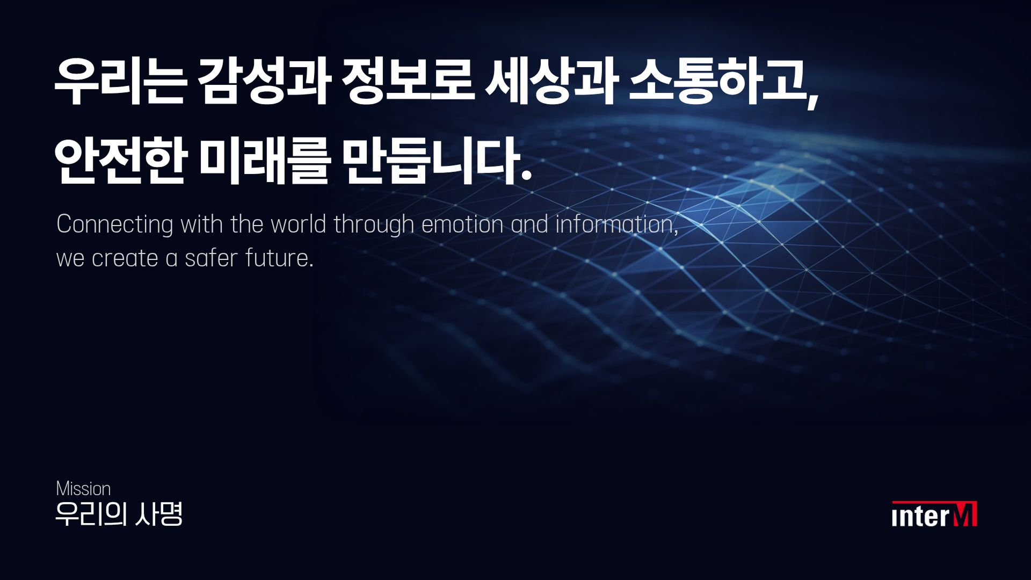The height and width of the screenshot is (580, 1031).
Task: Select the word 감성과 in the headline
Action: point(263,82)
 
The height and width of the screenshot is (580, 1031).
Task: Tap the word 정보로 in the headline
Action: point(408,82)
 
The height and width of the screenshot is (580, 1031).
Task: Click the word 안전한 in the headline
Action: point(120,160)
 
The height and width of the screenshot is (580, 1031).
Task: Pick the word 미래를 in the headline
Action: point(263,160)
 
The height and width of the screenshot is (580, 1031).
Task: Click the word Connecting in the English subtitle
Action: point(114,224)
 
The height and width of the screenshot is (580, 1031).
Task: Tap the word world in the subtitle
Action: point(299,224)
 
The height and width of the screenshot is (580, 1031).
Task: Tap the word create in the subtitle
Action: point(125,258)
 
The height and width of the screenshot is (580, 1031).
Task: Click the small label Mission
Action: point(83,489)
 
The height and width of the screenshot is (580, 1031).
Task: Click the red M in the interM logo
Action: point(964,514)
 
